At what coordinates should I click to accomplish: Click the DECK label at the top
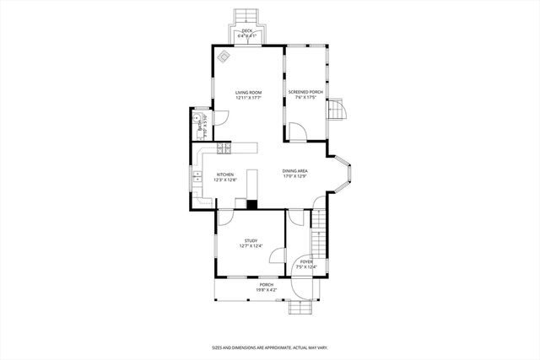[x=246, y=32]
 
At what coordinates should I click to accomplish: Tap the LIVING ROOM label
[x=248, y=92]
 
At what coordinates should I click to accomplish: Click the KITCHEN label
[x=224, y=175]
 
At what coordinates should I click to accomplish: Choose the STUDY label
[x=251, y=240]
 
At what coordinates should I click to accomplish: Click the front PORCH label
[x=267, y=285]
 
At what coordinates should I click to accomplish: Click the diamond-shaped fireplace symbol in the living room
[x=224, y=56]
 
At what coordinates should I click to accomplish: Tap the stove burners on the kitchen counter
[x=224, y=149]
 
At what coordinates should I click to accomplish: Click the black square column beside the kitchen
[x=251, y=203]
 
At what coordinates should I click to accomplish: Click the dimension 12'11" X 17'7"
[x=248, y=98]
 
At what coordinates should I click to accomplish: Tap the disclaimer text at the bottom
[x=269, y=347]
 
